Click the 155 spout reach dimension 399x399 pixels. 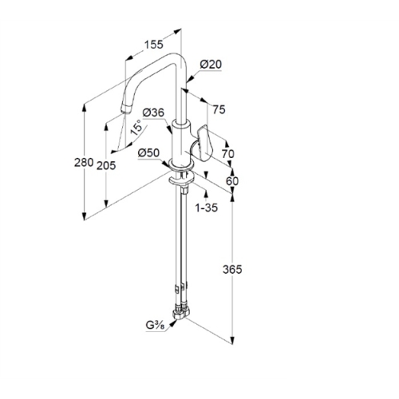click(x=153, y=45)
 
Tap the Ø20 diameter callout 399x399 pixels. click(x=211, y=65)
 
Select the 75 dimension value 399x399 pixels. click(x=219, y=109)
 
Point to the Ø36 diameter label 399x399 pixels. click(x=153, y=113)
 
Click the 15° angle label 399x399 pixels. click(x=137, y=128)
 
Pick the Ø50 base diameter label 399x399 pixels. click(x=149, y=153)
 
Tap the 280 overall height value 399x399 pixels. click(x=84, y=162)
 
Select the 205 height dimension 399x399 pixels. click(x=106, y=166)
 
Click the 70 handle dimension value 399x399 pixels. click(x=228, y=154)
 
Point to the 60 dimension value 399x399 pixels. click(x=232, y=181)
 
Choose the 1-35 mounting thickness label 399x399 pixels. click(x=207, y=207)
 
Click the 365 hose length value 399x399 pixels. click(x=232, y=270)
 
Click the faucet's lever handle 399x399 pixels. click(x=205, y=143)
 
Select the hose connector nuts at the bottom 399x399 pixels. click(x=180, y=312)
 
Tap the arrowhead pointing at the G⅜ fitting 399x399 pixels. click(x=173, y=323)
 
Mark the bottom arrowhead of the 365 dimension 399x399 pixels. click(x=232, y=340)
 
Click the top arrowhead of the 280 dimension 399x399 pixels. click(x=85, y=109)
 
